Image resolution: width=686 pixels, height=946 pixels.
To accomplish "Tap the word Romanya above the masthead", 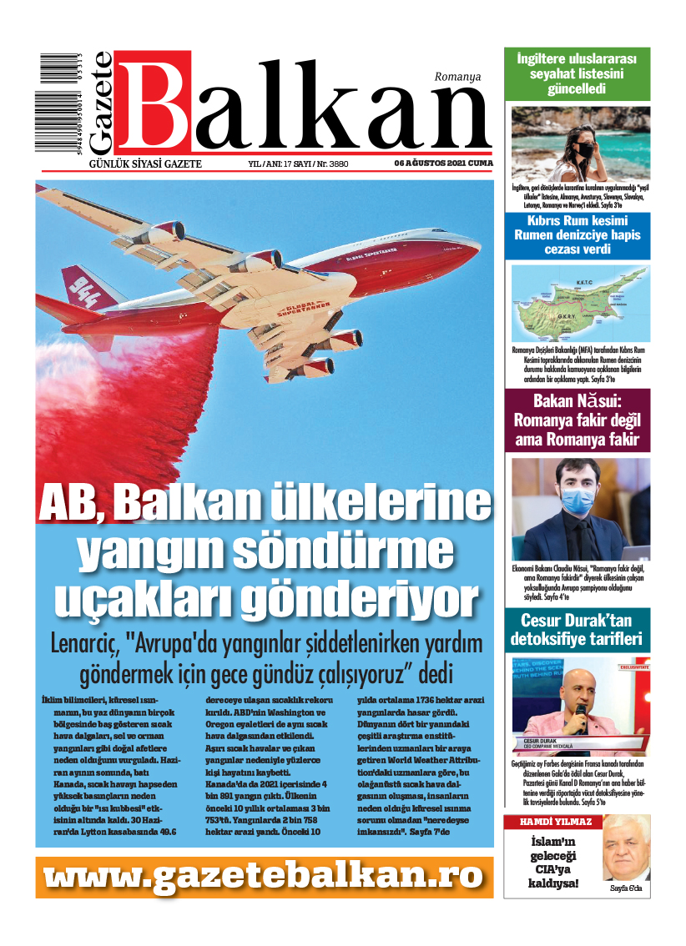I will point(457,77).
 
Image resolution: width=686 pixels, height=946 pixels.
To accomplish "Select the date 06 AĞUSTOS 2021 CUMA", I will point(443,164).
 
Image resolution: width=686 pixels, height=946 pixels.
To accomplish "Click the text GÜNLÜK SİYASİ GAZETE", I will point(145,164).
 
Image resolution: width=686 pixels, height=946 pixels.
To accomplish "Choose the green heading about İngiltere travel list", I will point(576,74).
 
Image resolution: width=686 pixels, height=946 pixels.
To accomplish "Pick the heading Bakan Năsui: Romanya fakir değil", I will point(576,420).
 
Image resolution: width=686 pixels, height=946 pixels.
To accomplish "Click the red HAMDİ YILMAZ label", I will point(543,822).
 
